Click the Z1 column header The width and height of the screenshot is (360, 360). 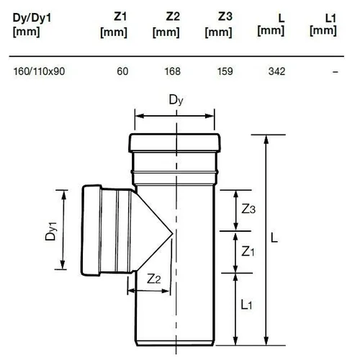point(114,25)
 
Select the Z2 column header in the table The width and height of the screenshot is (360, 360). point(166,25)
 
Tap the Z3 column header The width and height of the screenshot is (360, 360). point(218,25)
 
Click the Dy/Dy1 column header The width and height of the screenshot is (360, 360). point(32,25)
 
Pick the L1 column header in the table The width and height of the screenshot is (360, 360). point(323,25)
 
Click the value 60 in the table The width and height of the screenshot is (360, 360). point(122,71)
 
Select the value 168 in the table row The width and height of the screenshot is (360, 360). point(172,71)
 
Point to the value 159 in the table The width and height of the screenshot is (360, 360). point(225,71)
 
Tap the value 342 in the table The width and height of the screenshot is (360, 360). point(277,71)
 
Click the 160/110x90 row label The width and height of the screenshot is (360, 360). point(39,71)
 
